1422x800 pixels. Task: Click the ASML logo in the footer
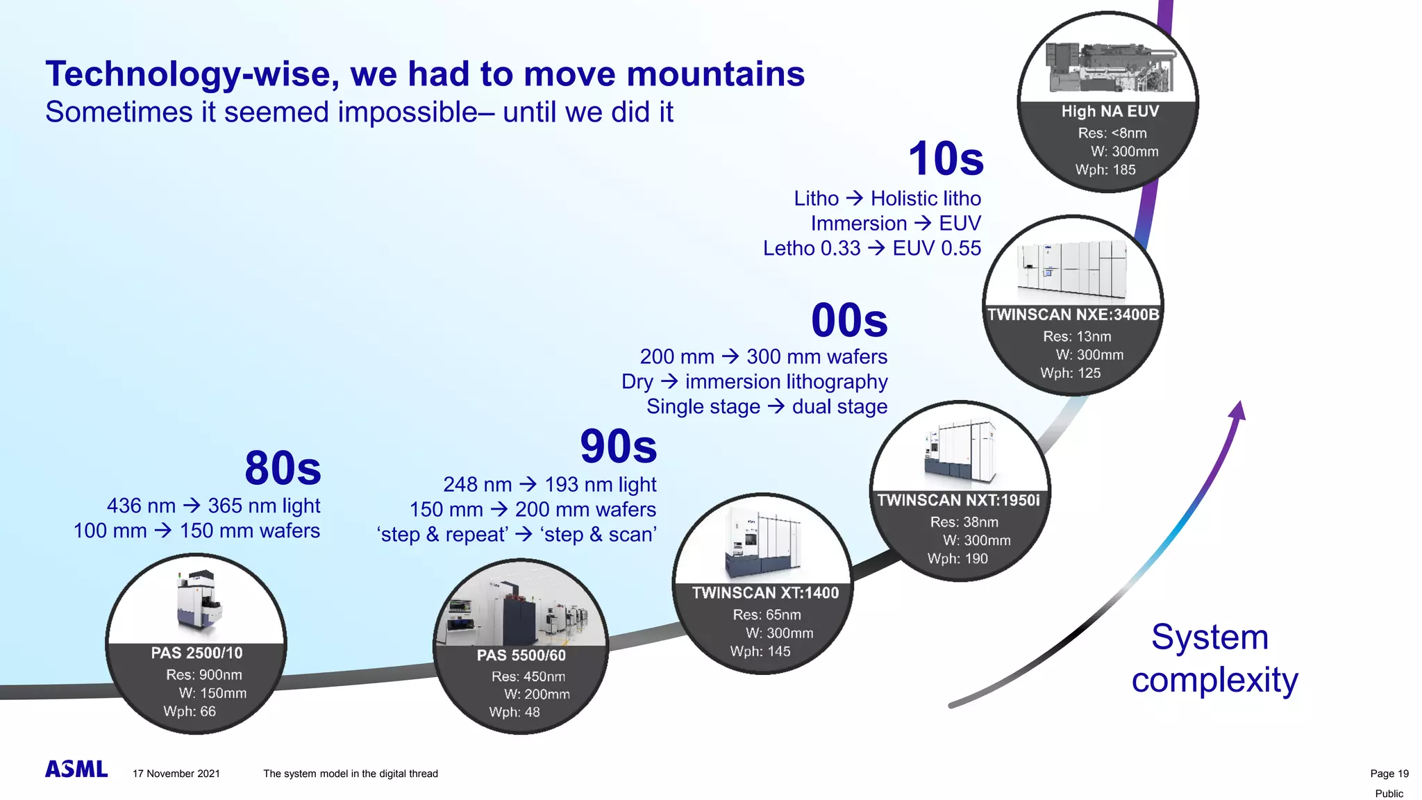coord(76,769)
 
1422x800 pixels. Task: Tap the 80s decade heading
coord(283,468)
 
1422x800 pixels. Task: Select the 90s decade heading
coord(618,447)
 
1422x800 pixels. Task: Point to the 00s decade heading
coord(849,321)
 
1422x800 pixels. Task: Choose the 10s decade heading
coord(946,159)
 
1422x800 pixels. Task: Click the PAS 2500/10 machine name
coord(196,653)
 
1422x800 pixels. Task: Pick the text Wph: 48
coord(514,712)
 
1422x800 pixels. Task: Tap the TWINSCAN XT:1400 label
coord(765,593)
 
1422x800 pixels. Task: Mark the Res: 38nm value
coord(964,522)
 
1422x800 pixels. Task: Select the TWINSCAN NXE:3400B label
coord(1073,315)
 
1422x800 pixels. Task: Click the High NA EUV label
coord(1110,112)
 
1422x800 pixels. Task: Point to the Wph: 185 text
coord(1105,170)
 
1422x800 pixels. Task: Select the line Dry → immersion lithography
coord(754,382)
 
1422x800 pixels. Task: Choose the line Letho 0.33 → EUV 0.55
coord(871,249)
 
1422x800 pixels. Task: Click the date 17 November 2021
coord(176,774)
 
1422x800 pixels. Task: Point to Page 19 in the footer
coord(1389,774)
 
